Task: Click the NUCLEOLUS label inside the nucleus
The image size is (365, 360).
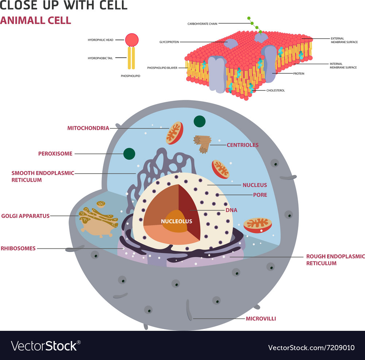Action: (x=176, y=221)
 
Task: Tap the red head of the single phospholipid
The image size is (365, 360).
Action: (x=132, y=40)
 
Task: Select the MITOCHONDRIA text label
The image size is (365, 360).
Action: (x=88, y=128)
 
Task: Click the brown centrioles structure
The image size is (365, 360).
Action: (x=203, y=143)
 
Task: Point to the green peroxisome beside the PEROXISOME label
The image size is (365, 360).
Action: (x=129, y=154)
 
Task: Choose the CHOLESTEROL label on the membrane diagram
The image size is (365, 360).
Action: (x=276, y=90)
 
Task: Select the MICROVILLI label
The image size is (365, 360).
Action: (x=261, y=319)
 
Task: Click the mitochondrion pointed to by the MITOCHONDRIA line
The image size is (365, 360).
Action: (x=174, y=133)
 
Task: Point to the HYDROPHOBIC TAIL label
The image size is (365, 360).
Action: (x=100, y=58)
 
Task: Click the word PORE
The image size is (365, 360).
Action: (x=260, y=195)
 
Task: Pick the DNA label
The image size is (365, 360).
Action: (x=231, y=210)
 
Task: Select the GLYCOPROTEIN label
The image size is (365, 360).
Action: (x=169, y=42)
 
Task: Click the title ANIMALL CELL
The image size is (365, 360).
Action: (x=35, y=20)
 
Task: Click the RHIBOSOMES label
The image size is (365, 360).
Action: (x=18, y=248)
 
